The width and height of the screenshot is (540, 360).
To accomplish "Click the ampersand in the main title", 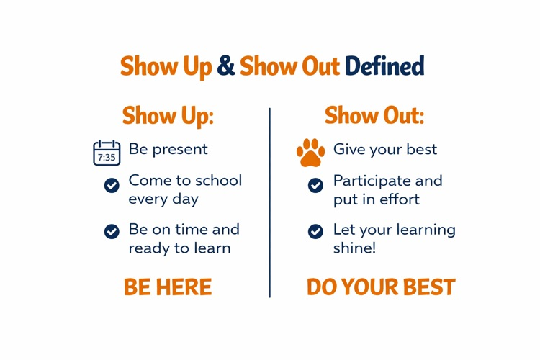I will click(x=226, y=66).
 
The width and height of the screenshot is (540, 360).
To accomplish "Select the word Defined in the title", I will click(x=384, y=66).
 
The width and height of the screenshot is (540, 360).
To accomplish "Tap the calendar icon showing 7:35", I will click(x=107, y=153).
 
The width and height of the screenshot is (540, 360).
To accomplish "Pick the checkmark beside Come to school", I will click(x=112, y=186).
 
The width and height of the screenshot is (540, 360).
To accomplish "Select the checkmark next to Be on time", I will click(x=112, y=231).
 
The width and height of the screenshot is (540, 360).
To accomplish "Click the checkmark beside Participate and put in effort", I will click(x=315, y=186).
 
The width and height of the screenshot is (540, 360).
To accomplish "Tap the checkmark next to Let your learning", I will click(x=315, y=231).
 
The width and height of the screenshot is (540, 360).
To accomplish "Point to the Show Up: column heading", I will click(x=168, y=115).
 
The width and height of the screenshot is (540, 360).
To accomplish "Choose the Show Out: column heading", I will click(x=374, y=115).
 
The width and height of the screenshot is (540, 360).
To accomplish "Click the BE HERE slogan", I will click(x=168, y=287).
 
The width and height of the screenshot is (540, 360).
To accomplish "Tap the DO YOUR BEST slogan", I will click(x=381, y=287).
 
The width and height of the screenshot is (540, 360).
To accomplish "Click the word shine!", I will click(x=354, y=248).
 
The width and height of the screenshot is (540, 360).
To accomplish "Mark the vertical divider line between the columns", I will click(x=270, y=202).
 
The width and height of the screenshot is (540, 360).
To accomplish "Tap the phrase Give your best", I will click(x=384, y=150).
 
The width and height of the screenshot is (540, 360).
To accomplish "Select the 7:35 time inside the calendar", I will click(x=107, y=157).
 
